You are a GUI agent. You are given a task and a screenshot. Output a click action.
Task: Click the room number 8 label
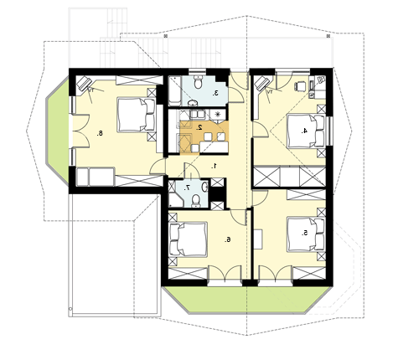[x=100, y=133]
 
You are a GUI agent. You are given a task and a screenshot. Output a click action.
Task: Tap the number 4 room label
[x=304, y=131]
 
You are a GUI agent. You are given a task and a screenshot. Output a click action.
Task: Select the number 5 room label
[x=304, y=233]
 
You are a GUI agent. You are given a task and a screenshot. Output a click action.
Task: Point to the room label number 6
[x=228, y=239]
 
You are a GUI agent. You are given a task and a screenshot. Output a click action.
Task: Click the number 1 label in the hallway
[x=215, y=167]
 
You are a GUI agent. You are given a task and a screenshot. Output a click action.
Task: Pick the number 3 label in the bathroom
[x=215, y=94]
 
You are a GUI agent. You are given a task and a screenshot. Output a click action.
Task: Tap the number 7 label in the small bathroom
[x=188, y=188]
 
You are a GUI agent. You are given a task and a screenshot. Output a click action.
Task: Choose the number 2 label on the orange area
[x=199, y=127]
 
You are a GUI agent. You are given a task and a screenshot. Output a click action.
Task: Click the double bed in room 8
[x=137, y=115]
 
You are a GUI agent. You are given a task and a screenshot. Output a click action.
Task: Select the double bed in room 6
[x=189, y=239]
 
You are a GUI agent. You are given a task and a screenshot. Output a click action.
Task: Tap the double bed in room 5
[x=306, y=234]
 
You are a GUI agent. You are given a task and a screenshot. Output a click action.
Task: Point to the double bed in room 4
[x=306, y=131]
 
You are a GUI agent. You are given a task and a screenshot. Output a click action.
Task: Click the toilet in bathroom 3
[x=199, y=82]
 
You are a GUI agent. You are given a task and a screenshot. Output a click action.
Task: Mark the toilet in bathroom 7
[x=196, y=201]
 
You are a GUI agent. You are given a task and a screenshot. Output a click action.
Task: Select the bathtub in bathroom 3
[x=175, y=91]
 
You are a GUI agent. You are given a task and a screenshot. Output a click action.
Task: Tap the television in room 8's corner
[x=84, y=83]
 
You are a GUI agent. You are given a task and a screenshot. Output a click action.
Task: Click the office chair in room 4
[x=301, y=86]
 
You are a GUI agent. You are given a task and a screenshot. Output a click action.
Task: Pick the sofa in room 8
[x=96, y=177]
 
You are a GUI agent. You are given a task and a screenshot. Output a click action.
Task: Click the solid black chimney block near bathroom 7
[x=217, y=193]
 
